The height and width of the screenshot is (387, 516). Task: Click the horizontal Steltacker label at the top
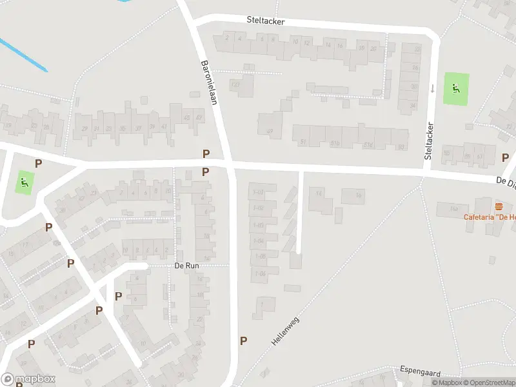(x=265, y=21)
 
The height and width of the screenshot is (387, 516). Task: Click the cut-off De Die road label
(x=506, y=183)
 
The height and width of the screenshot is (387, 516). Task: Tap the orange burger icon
(x=499, y=206)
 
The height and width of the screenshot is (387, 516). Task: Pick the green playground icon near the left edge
(x=25, y=183)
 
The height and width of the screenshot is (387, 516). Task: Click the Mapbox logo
(x=28, y=379)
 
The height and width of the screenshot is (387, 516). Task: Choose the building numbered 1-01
(x=259, y=192)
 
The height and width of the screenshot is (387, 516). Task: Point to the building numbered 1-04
(x=259, y=241)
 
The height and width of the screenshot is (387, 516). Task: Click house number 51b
(x=335, y=143)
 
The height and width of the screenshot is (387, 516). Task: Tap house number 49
(x=270, y=132)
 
